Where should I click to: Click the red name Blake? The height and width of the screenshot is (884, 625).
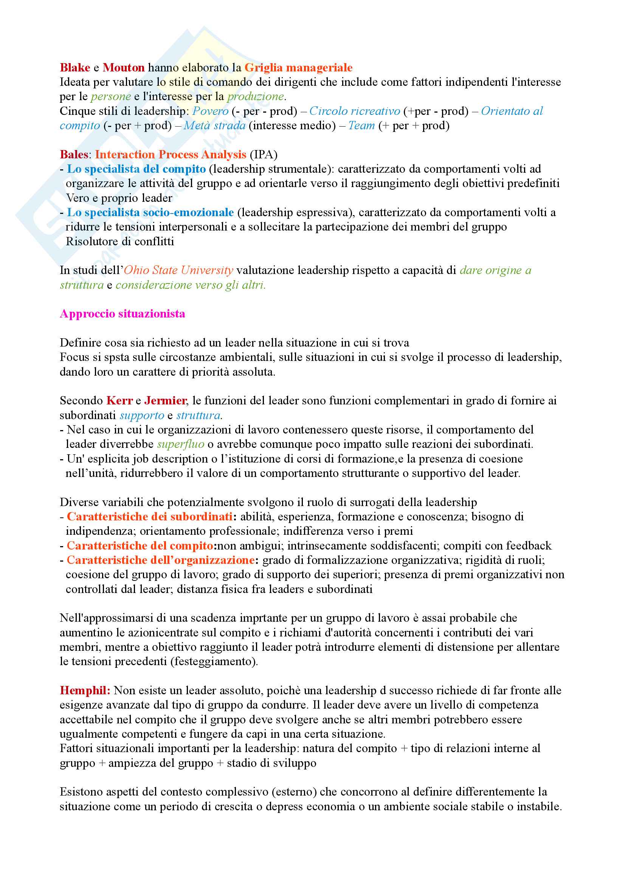pos(75,68)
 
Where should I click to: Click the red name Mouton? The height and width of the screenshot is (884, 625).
pos(123,68)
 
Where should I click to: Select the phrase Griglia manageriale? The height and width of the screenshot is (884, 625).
pos(298,68)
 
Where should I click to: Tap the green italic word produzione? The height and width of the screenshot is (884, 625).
pos(256,96)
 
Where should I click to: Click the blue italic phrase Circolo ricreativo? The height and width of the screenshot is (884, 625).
pos(355,111)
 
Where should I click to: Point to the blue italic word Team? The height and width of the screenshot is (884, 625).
pos(361,125)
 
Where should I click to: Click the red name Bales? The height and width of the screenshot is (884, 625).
pos(74,155)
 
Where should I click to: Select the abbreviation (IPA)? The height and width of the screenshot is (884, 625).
pos(264,155)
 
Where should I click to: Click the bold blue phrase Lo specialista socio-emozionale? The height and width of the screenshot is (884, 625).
pos(150,212)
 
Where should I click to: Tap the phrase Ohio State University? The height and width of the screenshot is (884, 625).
pos(178,270)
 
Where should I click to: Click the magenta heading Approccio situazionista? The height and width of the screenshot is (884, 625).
pos(123,314)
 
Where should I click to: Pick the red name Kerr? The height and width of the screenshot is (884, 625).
pos(119,401)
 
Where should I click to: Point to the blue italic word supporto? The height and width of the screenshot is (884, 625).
pos(142,415)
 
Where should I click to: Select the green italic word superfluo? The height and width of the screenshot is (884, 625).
pos(181,444)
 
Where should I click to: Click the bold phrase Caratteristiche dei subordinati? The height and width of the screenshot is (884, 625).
pos(149,517)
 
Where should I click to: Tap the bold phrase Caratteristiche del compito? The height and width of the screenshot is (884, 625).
pos(140,546)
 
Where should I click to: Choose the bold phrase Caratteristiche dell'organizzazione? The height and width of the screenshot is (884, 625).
pos(161,560)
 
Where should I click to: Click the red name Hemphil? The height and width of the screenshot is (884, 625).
pos(85,691)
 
